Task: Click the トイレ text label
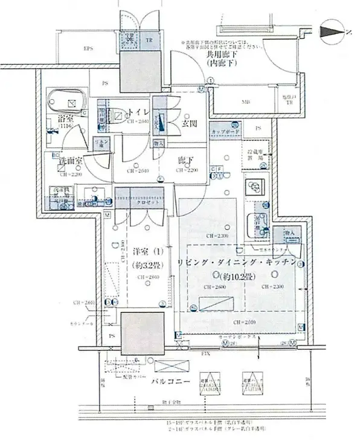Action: pyautogui.click(x=138, y=112)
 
